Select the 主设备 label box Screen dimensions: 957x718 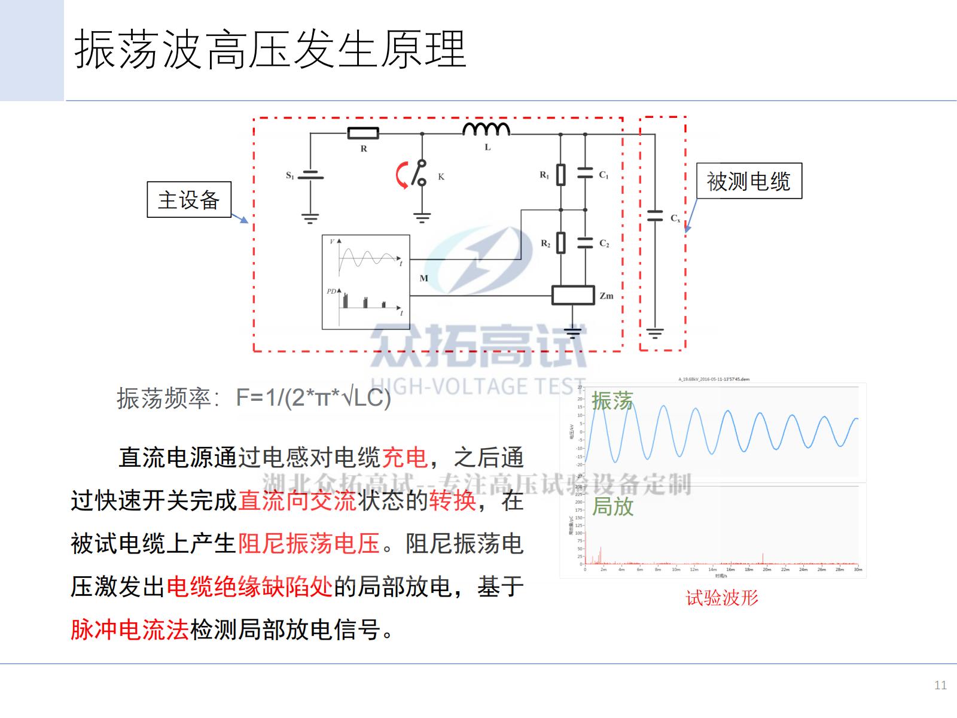[x=189, y=199]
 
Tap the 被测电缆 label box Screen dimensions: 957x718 [x=749, y=181]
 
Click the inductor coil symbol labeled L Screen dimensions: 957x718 [x=486, y=129]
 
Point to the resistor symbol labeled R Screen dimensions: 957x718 [x=363, y=133]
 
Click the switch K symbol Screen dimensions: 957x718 [x=421, y=173]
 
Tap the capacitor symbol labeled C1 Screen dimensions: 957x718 [x=585, y=174]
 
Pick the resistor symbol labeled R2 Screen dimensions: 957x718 [x=560, y=243]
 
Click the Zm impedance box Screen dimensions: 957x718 [x=573, y=295]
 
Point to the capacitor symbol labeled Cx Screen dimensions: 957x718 [x=655, y=216]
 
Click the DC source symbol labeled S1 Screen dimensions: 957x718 [x=310, y=175]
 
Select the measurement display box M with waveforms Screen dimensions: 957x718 [x=365, y=282]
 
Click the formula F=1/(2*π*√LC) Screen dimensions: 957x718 [x=313, y=398]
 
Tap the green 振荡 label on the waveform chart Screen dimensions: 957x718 [x=612, y=401]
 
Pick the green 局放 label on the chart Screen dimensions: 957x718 [x=612, y=506]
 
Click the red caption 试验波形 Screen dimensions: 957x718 [x=722, y=598]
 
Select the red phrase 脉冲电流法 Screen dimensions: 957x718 [x=130, y=629]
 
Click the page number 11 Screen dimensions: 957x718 [x=940, y=685]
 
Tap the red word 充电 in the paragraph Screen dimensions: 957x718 [x=404, y=458]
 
